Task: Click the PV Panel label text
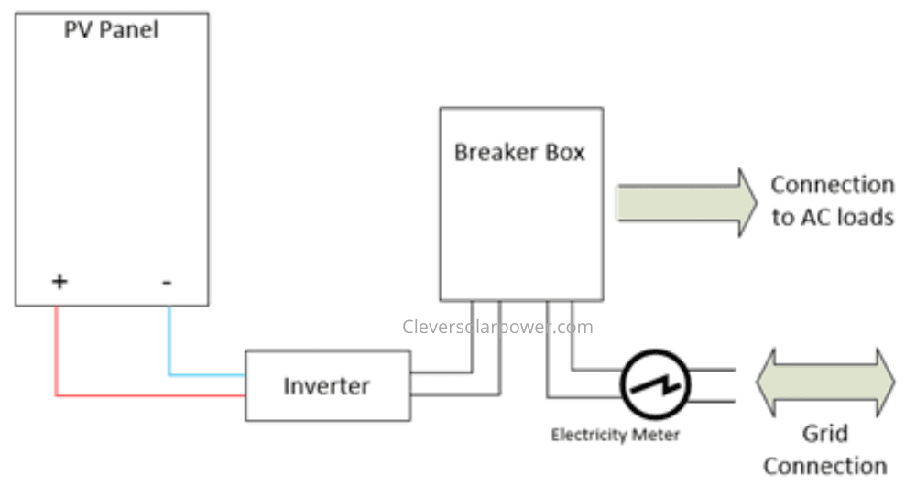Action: coord(111,29)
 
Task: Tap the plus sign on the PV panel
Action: coord(59,281)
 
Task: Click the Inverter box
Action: coord(327,385)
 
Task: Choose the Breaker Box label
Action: coord(519,152)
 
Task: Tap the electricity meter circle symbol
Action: coord(653,384)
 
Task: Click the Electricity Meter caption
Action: coord(615,435)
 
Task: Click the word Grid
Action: coord(824,433)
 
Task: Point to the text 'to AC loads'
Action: coord(833,218)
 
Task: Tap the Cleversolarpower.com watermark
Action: coord(497,327)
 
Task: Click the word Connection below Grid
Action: coord(824,466)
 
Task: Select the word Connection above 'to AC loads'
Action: coord(832,185)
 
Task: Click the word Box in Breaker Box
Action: coord(564,152)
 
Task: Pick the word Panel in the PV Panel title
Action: coord(128,29)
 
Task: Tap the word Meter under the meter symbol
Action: coord(660,435)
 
